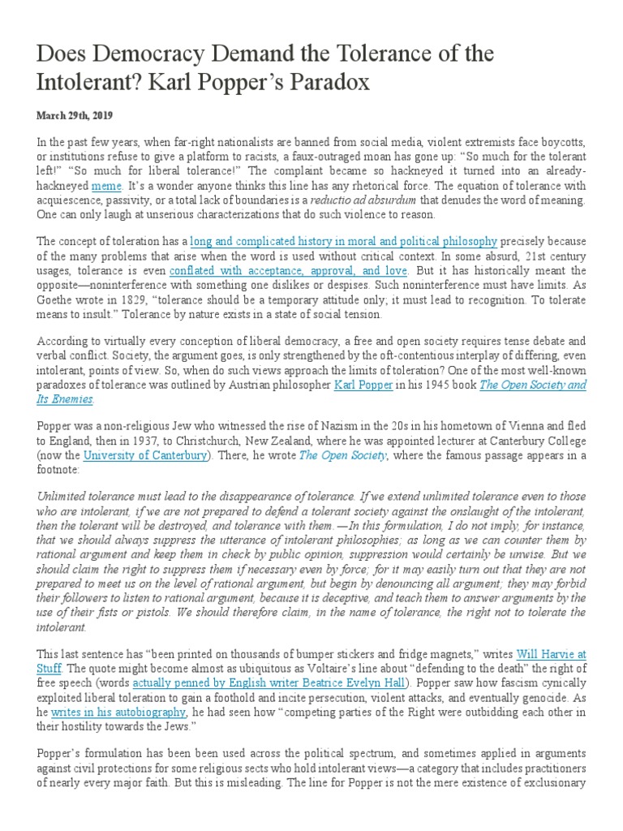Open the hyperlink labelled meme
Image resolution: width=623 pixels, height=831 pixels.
[x=106, y=186]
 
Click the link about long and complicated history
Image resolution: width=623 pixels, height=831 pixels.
[x=344, y=241]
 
